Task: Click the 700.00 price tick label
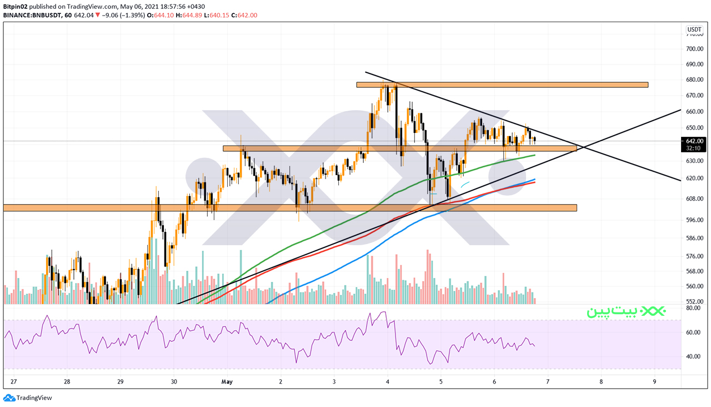click(x=694, y=49)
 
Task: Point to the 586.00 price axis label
click(x=694, y=238)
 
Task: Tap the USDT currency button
click(x=694, y=29)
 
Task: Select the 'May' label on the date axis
click(x=227, y=381)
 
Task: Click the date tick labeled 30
click(x=174, y=381)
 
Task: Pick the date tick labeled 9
click(x=654, y=381)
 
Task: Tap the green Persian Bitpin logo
click(x=626, y=311)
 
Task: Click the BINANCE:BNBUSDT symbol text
click(x=32, y=15)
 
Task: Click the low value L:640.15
click(x=216, y=15)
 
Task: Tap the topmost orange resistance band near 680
click(x=502, y=85)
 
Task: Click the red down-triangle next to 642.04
click(x=97, y=15)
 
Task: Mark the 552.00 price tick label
click(x=694, y=301)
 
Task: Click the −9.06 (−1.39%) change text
click(x=123, y=15)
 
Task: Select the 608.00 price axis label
click(x=694, y=199)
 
